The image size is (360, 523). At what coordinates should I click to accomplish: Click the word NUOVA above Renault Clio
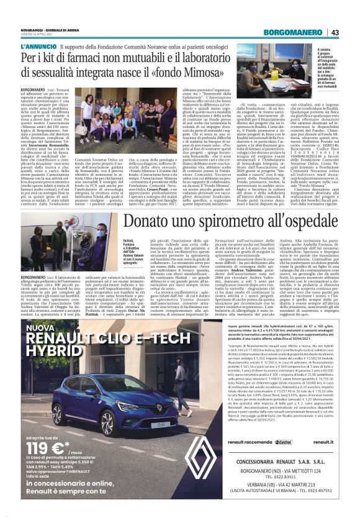pyautogui.click(x=40, y=327)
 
